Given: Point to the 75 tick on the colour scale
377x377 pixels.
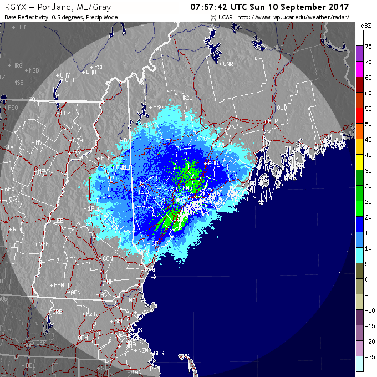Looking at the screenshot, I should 368,47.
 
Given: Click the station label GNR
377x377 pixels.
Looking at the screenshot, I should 228,64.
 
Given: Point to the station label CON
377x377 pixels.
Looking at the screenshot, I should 108,258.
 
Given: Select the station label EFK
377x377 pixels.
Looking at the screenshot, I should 66,113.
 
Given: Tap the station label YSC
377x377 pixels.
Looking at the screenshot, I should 100,67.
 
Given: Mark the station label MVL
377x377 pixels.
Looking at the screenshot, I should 40,142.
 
